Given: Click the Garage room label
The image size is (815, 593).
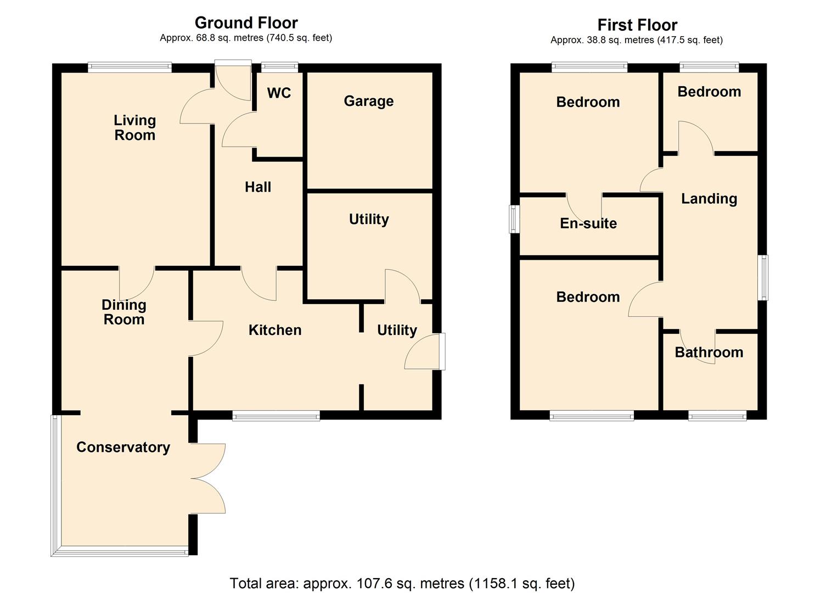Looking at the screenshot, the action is pyautogui.click(x=368, y=101).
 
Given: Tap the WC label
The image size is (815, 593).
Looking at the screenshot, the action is pyautogui.click(x=279, y=93).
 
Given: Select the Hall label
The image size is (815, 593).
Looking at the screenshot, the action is pyautogui.click(x=258, y=187).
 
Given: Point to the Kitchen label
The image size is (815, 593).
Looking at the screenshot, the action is pyautogui.click(x=275, y=330).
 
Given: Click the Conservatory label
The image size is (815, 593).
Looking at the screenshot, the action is pyautogui.click(x=123, y=447).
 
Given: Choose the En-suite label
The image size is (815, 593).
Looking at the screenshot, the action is pyautogui.click(x=588, y=223).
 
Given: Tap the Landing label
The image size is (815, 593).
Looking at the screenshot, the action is pyautogui.click(x=709, y=198).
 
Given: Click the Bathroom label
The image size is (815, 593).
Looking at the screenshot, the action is pyautogui.click(x=709, y=352).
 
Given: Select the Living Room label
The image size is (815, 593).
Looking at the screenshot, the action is pyautogui.click(x=134, y=127).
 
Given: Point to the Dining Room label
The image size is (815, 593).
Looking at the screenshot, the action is pyautogui.click(x=124, y=312).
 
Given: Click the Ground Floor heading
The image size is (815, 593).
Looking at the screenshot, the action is pyautogui.click(x=246, y=23).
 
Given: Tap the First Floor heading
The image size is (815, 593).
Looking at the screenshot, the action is pyautogui.click(x=637, y=25).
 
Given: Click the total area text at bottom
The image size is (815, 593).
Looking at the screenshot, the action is pyautogui.click(x=402, y=583).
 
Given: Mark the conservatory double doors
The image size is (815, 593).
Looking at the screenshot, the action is pyautogui.click(x=209, y=478).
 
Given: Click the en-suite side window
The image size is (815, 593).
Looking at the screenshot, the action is pyautogui.click(x=514, y=219).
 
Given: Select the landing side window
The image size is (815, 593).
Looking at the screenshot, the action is pyautogui.click(x=763, y=277).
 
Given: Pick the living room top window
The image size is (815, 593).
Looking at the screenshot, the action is pyautogui.click(x=130, y=68).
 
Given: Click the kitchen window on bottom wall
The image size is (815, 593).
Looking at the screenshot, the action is pyautogui.click(x=276, y=416).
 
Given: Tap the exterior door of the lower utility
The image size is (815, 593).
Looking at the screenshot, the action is pyautogui.click(x=425, y=351).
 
